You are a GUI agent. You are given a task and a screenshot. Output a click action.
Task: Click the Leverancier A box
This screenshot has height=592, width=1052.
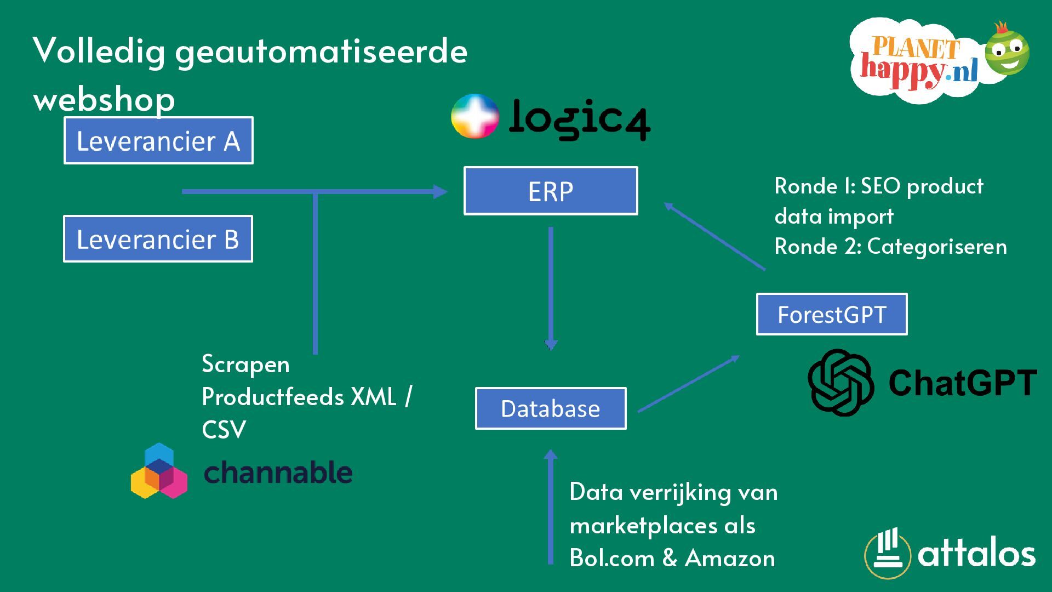pyautogui.click(x=158, y=140)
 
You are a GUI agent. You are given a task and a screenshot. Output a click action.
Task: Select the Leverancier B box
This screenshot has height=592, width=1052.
pyautogui.click(x=158, y=239)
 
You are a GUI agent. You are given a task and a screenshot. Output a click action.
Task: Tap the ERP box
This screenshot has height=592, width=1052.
pyautogui.click(x=551, y=191)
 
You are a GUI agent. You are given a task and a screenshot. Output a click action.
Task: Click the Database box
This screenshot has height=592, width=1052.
pyautogui.click(x=551, y=408)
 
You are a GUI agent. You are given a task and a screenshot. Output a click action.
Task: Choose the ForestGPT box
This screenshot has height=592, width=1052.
pyautogui.click(x=832, y=314)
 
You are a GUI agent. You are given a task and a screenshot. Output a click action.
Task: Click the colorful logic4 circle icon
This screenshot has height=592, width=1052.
pyautogui.click(x=474, y=116)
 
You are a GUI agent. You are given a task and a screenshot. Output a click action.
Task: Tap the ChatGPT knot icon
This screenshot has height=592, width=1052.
pyautogui.click(x=841, y=382)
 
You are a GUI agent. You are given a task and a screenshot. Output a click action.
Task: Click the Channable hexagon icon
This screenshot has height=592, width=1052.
pyautogui.click(x=159, y=471)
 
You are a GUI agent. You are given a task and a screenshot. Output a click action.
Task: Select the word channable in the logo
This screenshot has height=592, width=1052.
pyautogui.click(x=278, y=473)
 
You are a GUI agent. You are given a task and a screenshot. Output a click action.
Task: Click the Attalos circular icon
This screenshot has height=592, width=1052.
pyautogui.click(x=888, y=554)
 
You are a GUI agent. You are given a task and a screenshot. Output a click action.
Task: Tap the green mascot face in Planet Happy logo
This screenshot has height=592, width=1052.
pyautogui.click(x=1007, y=53)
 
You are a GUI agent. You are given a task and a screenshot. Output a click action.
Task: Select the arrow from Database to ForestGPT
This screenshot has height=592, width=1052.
pyautogui.click(x=689, y=384)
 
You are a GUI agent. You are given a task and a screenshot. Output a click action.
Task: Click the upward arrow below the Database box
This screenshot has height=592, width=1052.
pyautogui.click(x=551, y=507)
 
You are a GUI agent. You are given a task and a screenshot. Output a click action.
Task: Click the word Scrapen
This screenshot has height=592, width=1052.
pyautogui.click(x=245, y=365)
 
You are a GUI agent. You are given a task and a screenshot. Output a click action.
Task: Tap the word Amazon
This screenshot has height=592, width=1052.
pyautogui.click(x=730, y=559)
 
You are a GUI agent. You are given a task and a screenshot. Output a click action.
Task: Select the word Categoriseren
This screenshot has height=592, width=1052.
pyautogui.click(x=937, y=247)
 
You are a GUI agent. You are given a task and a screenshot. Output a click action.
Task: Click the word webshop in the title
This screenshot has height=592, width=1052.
pyautogui.click(x=104, y=100)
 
